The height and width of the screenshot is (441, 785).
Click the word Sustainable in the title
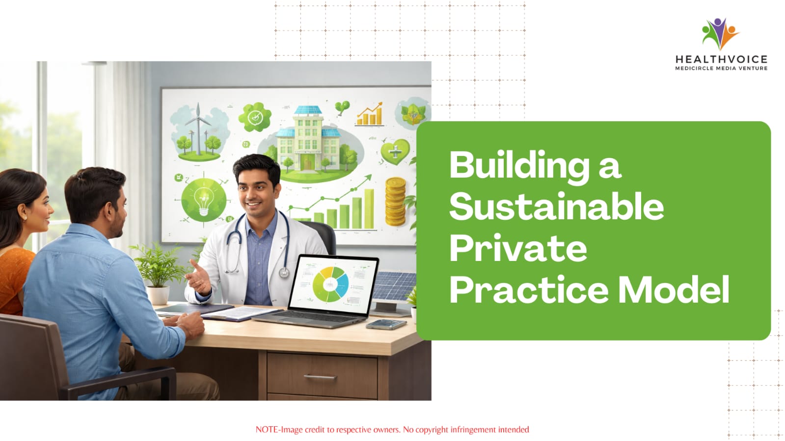(557, 207)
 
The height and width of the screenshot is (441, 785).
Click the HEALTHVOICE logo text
(721, 59)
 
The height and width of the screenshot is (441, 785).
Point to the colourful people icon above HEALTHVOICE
(720, 34)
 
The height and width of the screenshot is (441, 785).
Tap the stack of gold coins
(395, 202)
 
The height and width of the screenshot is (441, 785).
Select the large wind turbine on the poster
(198, 128)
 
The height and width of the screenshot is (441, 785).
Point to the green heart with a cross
(395, 152)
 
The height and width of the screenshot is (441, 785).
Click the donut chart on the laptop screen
(330, 284)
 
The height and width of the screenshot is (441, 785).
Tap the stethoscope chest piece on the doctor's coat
(284, 272)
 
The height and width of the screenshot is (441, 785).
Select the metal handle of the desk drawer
(320, 377)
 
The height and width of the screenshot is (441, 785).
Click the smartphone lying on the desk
(386, 324)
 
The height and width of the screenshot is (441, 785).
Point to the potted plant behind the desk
(158, 273)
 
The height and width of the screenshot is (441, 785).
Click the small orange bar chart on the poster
(370, 114)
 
